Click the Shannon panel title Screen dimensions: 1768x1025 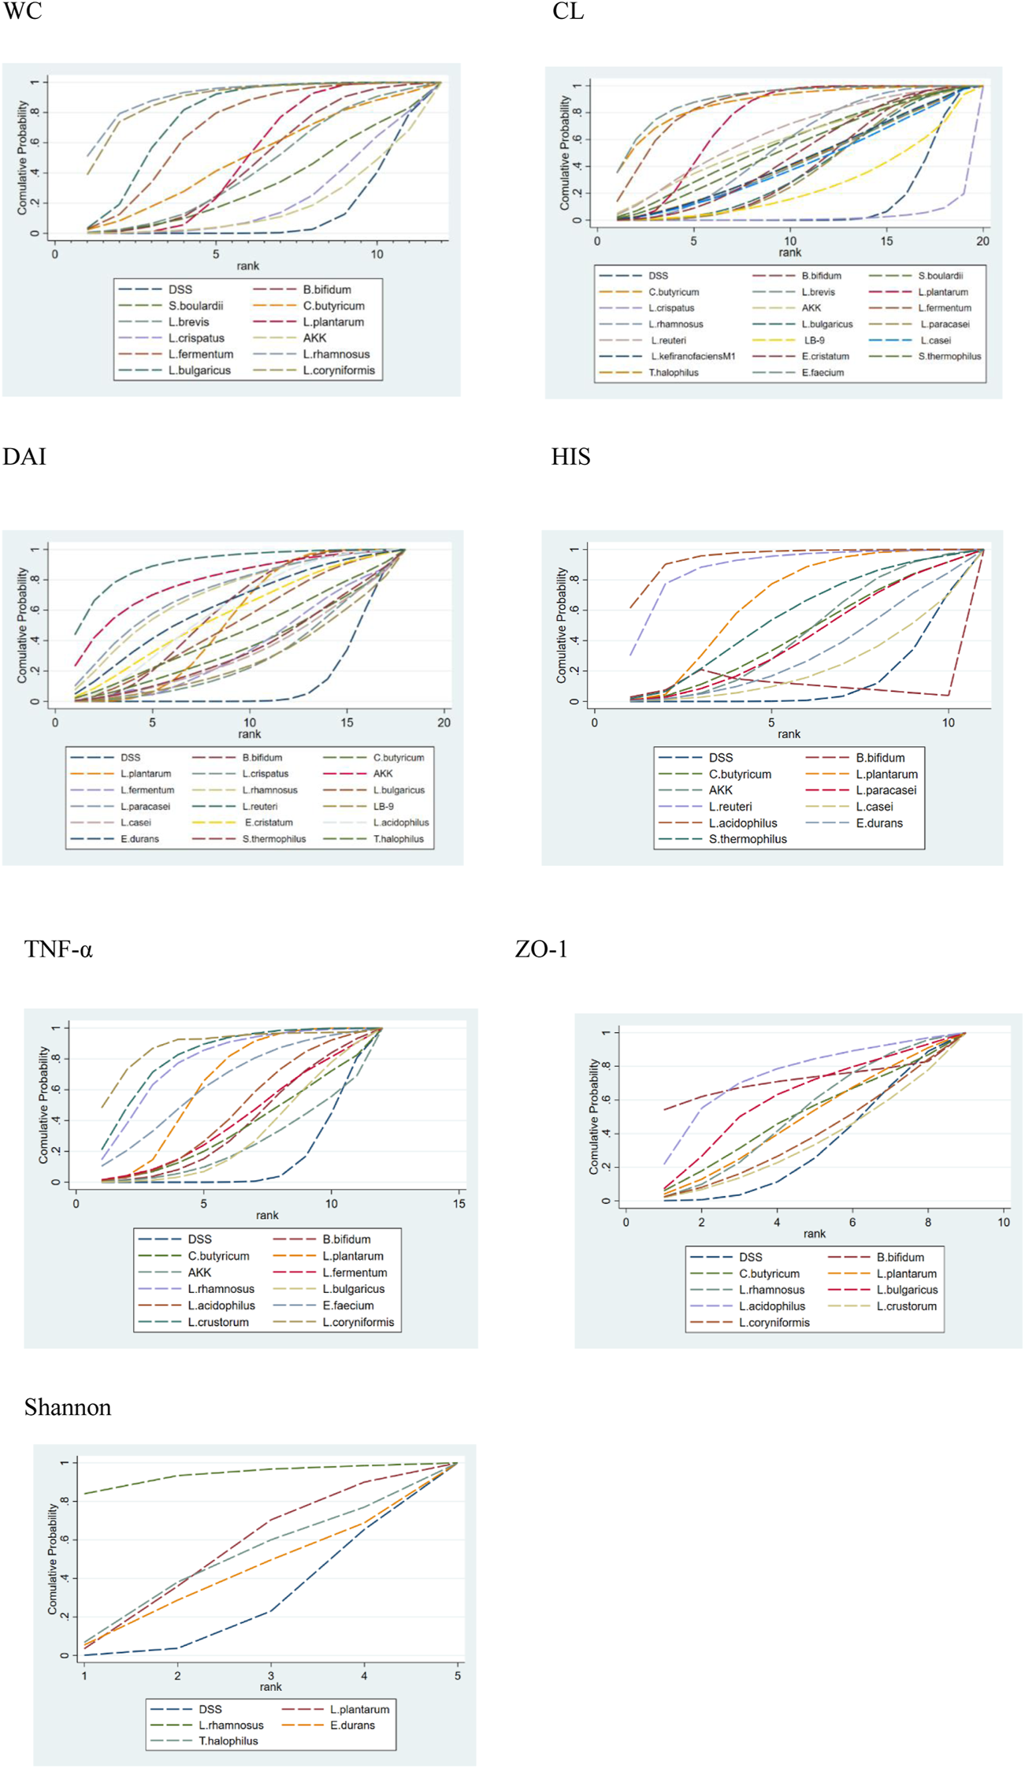tap(68, 1406)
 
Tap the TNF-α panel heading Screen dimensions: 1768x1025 tap(58, 949)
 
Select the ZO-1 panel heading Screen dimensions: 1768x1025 tap(541, 949)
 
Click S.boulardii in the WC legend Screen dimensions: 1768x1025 tap(195, 306)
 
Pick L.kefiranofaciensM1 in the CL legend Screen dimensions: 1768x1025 tap(693, 356)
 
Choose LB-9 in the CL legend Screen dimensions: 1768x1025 tap(814, 340)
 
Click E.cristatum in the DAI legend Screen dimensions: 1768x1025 tap(268, 823)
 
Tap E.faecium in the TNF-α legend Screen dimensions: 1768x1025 tap(347, 1306)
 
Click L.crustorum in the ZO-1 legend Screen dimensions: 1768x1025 tap(906, 1306)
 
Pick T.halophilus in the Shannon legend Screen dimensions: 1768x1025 tap(228, 1740)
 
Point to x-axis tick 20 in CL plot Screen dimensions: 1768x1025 tap(982, 241)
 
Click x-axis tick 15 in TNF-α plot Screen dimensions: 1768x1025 tap(459, 1203)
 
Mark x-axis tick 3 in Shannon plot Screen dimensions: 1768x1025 tap(271, 1675)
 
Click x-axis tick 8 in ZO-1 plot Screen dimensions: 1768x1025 tap(927, 1222)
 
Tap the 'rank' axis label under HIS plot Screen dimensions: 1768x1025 tap(789, 734)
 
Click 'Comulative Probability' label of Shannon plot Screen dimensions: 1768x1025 tap(53, 1558)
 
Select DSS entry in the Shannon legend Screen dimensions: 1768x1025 tap(210, 1709)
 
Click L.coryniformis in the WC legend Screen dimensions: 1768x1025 tap(339, 370)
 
